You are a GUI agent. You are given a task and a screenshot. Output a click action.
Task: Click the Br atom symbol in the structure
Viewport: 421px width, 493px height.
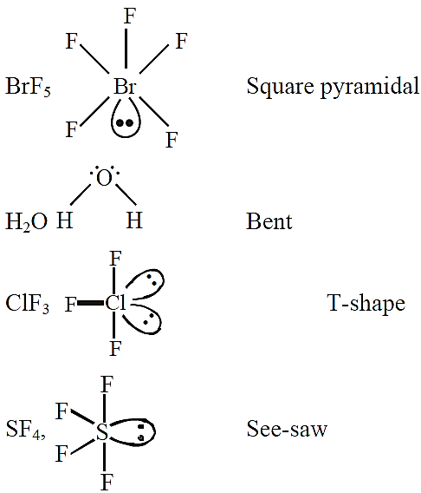click(125, 86)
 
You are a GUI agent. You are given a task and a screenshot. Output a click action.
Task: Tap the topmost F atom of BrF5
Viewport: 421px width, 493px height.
click(130, 16)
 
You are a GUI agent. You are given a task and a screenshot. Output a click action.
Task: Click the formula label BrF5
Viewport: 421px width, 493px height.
click(28, 87)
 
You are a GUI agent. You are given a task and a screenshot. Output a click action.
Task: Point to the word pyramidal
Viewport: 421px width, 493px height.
click(370, 86)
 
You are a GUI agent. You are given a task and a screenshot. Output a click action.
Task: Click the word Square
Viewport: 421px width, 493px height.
click(280, 86)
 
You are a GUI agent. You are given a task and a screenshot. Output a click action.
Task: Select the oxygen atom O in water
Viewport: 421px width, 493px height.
click(104, 178)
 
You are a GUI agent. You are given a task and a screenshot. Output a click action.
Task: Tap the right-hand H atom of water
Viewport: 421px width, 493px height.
click(134, 220)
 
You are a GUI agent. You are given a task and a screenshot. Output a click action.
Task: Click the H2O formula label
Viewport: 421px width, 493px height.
click(26, 221)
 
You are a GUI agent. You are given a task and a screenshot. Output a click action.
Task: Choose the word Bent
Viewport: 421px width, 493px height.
click(269, 221)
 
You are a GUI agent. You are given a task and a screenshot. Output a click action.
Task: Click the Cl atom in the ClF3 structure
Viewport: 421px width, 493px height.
click(115, 303)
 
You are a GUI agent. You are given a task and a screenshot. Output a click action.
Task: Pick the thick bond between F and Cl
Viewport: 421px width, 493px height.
click(91, 303)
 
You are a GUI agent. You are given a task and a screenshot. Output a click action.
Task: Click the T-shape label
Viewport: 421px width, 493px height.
click(366, 304)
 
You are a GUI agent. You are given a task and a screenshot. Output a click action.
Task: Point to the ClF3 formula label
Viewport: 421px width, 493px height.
click(28, 304)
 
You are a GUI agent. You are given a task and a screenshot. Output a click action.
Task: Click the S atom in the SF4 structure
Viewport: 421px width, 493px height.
click(102, 431)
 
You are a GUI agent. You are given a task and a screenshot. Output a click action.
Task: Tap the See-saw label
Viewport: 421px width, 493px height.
click(287, 428)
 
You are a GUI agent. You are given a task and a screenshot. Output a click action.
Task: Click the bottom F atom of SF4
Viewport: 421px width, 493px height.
click(107, 483)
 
